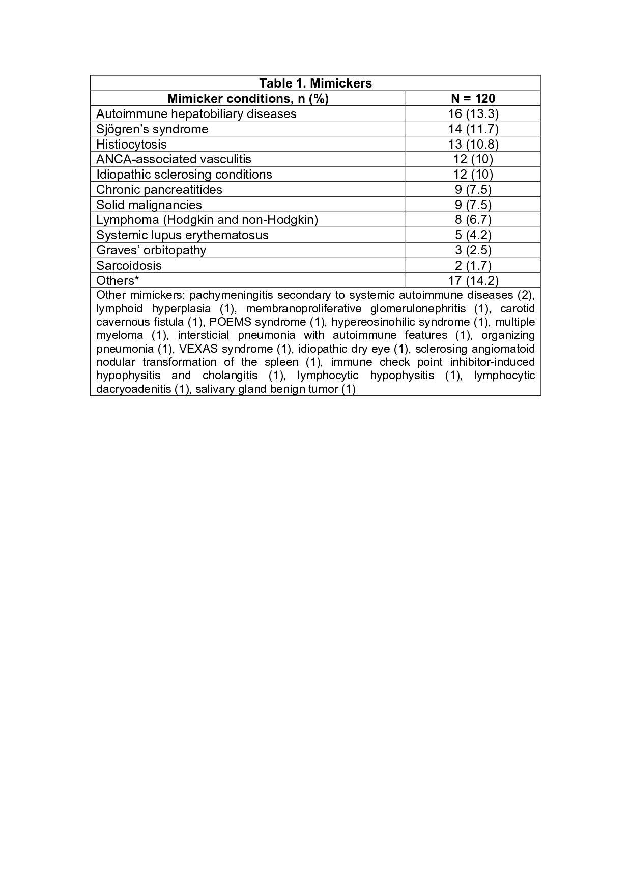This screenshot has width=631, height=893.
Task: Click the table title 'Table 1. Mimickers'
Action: (315, 83)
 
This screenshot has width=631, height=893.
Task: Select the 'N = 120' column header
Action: (473, 99)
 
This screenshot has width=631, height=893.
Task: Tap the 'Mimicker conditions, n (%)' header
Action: (248, 99)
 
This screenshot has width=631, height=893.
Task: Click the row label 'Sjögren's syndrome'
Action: (152, 129)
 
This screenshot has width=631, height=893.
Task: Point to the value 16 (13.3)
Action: (473, 114)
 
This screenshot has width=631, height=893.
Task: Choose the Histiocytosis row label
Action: (131, 145)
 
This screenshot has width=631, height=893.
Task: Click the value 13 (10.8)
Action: (473, 145)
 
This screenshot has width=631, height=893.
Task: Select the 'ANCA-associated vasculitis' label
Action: (174, 159)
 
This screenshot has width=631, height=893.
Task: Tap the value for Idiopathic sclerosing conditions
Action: (473, 175)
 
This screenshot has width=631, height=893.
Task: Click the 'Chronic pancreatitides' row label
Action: (159, 190)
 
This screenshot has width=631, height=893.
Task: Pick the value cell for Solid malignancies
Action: (473, 205)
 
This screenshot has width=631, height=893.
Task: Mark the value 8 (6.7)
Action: (473, 220)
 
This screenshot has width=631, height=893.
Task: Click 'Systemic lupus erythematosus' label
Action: (182, 235)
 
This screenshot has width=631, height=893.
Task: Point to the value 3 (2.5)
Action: (473, 250)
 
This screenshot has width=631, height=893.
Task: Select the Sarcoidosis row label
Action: (129, 266)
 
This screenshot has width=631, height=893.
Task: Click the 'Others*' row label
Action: (118, 280)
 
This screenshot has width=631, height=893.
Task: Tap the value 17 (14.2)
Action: (473, 280)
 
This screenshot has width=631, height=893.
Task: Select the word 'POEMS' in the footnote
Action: (230, 322)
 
